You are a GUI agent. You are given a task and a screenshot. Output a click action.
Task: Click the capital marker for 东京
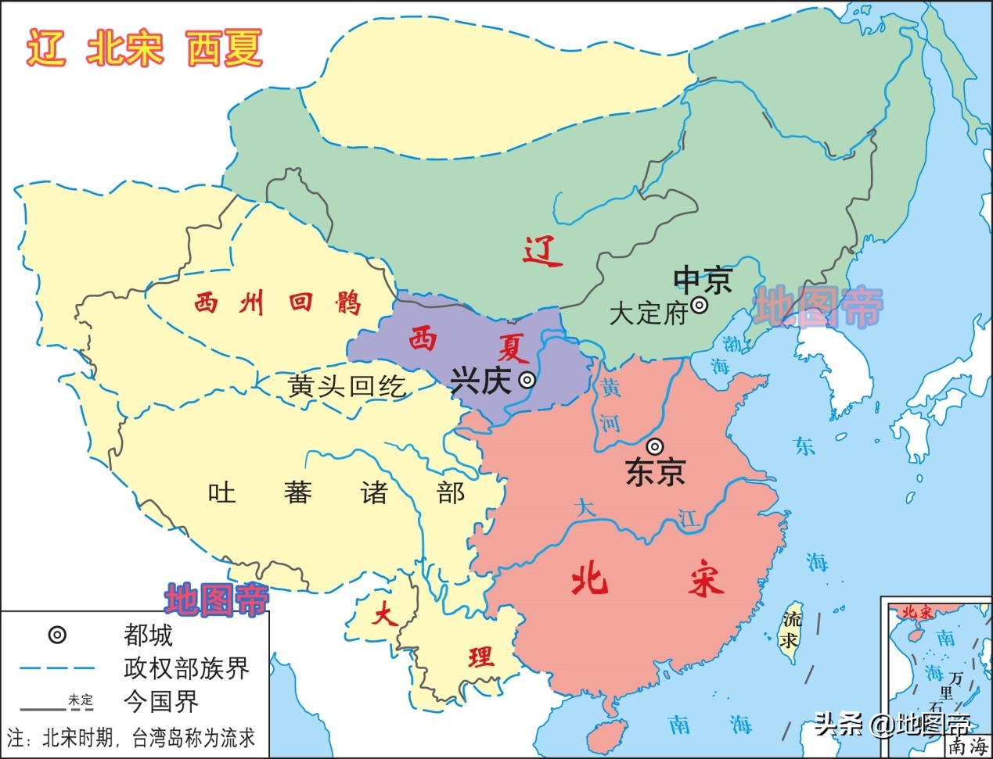656,446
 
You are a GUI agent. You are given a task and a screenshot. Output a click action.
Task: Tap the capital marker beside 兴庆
528,381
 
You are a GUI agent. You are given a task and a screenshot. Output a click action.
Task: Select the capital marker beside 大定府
700,306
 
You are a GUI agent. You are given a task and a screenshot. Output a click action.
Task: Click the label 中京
703,279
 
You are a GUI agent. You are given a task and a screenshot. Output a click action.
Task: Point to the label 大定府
647,313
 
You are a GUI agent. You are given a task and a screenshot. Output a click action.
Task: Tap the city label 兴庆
480,381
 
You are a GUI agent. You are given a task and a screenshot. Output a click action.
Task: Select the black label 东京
656,471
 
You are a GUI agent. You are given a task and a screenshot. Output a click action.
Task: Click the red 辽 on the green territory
541,252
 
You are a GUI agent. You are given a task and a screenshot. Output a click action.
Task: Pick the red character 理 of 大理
481,657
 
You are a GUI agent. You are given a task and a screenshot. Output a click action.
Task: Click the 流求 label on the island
792,630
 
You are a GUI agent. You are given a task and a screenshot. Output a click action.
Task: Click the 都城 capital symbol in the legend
57,635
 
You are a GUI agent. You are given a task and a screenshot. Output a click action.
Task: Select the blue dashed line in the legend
57,668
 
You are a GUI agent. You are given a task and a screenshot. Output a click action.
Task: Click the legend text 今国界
160,701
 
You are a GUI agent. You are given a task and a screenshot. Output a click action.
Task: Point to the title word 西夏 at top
225,48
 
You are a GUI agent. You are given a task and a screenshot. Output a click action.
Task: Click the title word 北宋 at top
125,48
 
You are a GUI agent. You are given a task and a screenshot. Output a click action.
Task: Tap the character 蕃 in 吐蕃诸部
297,492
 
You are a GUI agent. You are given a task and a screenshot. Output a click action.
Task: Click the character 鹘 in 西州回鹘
350,303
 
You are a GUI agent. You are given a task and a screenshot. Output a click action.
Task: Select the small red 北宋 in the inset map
919,612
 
